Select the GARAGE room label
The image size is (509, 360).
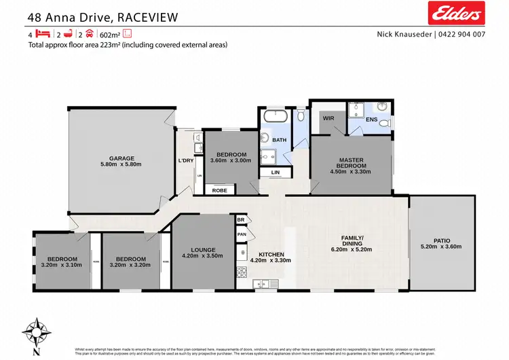(x=122, y=158)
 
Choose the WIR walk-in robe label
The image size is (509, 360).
(x=328, y=118)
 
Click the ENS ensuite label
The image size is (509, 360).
(x=371, y=120)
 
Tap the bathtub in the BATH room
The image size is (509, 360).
(x=276, y=116)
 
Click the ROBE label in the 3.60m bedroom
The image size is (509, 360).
(x=220, y=191)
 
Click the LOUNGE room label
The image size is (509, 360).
(x=203, y=250)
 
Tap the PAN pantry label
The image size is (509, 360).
(x=241, y=234)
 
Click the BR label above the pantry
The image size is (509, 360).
(x=241, y=221)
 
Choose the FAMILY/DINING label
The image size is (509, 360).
(x=352, y=240)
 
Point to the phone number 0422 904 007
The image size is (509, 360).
(x=461, y=35)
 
